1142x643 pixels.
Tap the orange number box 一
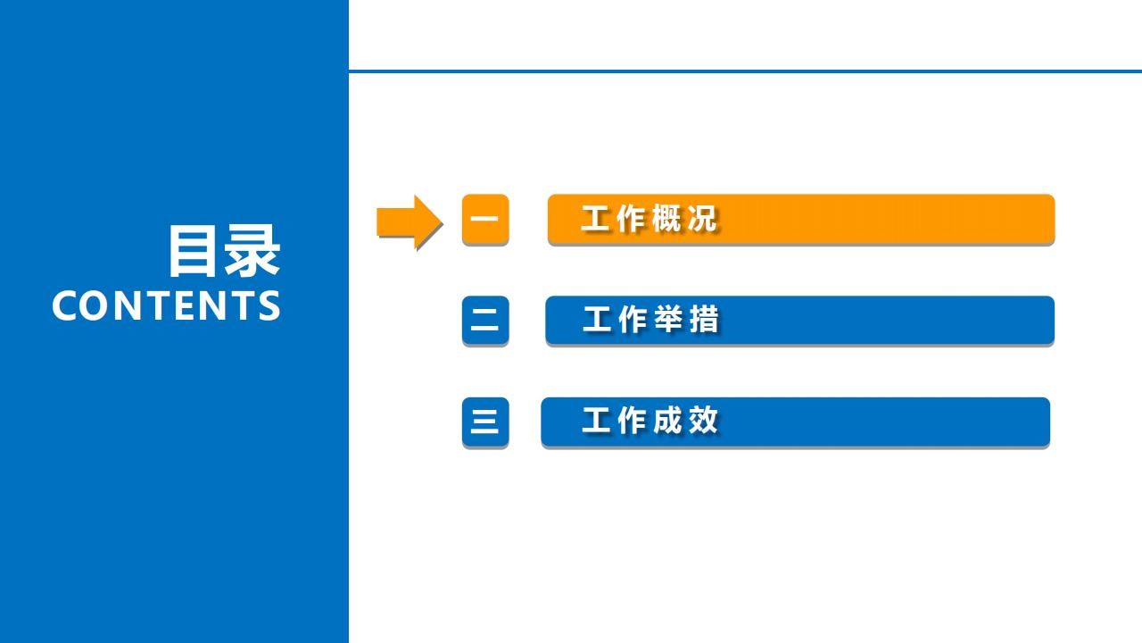[x=484, y=219]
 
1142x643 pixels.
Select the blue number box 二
[x=484, y=320]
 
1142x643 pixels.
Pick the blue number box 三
[x=484, y=422]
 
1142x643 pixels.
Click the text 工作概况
[x=649, y=219]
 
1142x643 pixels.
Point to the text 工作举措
[x=650, y=320]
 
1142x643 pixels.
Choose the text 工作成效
[x=650, y=421]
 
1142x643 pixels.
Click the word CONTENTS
[x=166, y=305]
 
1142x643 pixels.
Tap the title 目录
[x=224, y=251]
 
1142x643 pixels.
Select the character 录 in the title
[x=252, y=251]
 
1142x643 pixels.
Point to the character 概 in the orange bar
[x=666, y=219]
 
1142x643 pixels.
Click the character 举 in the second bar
[x=668, y=320]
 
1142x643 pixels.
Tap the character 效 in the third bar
[x=703, y=421]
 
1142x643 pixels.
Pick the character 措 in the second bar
[x=704, y=320]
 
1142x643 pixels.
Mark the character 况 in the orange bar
[x=702, y=219]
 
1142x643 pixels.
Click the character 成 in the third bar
[x=667, y=421]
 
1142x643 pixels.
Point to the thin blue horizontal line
[x=745, y=71]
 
